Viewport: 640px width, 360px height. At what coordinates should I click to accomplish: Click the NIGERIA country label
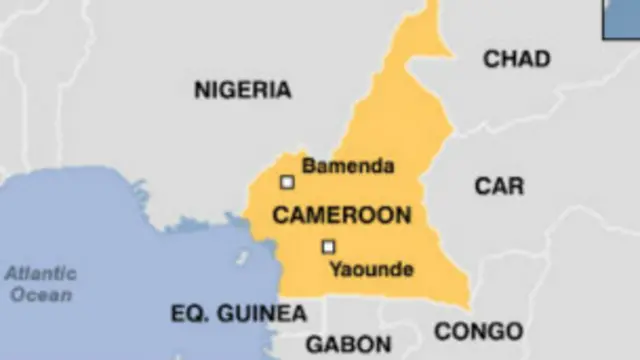[x=243, y=90]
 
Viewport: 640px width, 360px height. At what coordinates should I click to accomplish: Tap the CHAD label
[x=516, y=60]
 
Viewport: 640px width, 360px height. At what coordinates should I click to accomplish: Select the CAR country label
[x=499, y=186]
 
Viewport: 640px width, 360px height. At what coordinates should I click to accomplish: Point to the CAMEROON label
[x=341, y=215]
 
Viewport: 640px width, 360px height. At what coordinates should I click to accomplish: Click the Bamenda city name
[x=348, y=166]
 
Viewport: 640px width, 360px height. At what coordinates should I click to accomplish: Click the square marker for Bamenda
[x=287, y=182]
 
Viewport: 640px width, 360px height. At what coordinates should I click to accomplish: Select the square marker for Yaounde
[x=328, y=246]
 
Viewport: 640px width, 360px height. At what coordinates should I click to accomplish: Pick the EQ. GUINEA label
[x=238, y=314]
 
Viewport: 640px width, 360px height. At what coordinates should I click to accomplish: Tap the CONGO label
[x=478, y=331]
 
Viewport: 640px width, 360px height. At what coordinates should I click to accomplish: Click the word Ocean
[x=43, y=295]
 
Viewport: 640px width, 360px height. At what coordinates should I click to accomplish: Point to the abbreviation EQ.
[x=188, y=314]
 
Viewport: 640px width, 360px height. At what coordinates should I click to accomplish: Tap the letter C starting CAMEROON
[x=281, y=215]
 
